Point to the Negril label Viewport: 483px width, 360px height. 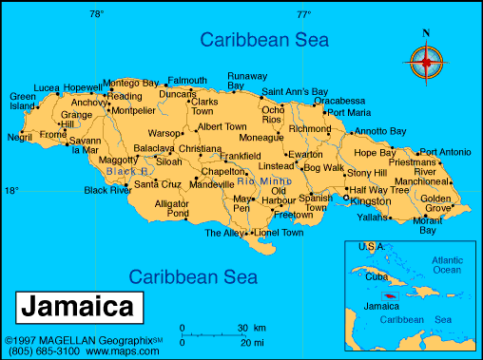(19, 137)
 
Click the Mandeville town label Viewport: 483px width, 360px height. (211, 184)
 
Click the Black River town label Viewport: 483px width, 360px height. (107, 190)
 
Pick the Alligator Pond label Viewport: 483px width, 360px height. (172, 209)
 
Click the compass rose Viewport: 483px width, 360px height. (425, 63)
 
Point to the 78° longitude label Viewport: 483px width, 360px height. (96, 14)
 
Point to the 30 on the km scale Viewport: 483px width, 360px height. (243, 328)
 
